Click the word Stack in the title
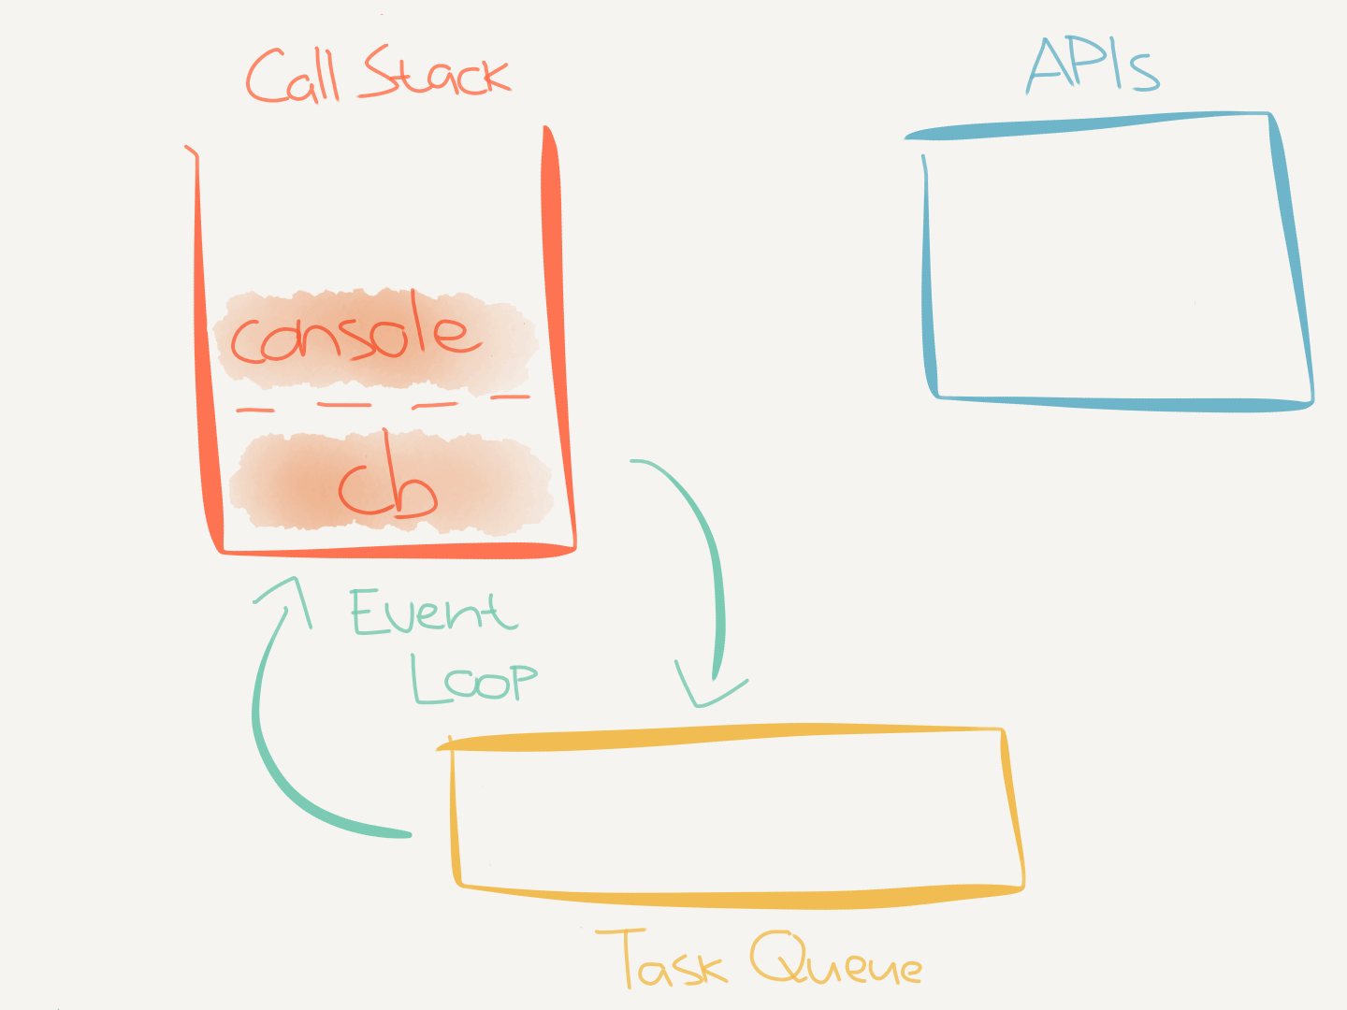pos(436,73)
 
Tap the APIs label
pos(1093,65)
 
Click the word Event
pos(432,613)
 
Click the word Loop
pos(473,678)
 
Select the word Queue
pos(835,961)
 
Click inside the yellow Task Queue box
pos(730,814)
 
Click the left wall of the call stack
pos(201,355)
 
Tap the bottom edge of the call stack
pos(393,551)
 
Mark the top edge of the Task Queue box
pos(720,736)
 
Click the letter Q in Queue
pos(778,958)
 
